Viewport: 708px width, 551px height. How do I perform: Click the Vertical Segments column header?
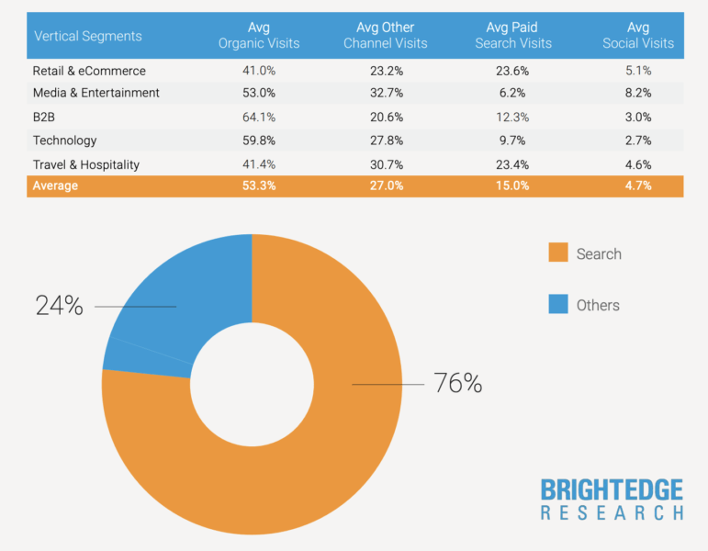[x=88, y=36]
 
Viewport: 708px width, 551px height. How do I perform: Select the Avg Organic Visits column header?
[x=259, y=36]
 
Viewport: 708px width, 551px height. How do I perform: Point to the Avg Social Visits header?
[x=638, y=36]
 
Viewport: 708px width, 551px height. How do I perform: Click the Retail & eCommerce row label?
[x=89, y=71]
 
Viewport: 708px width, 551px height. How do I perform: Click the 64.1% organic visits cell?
[x=259, y=117]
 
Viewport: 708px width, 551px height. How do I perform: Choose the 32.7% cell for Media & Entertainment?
[x=386, y=93]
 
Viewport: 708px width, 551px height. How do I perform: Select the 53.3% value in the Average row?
[x=259, y=186]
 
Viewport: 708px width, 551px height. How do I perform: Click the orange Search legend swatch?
[x=558, y=253]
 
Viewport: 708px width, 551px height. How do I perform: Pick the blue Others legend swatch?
[x=558, y=304]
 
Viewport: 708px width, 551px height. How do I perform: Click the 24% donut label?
[x=60, y=306]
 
